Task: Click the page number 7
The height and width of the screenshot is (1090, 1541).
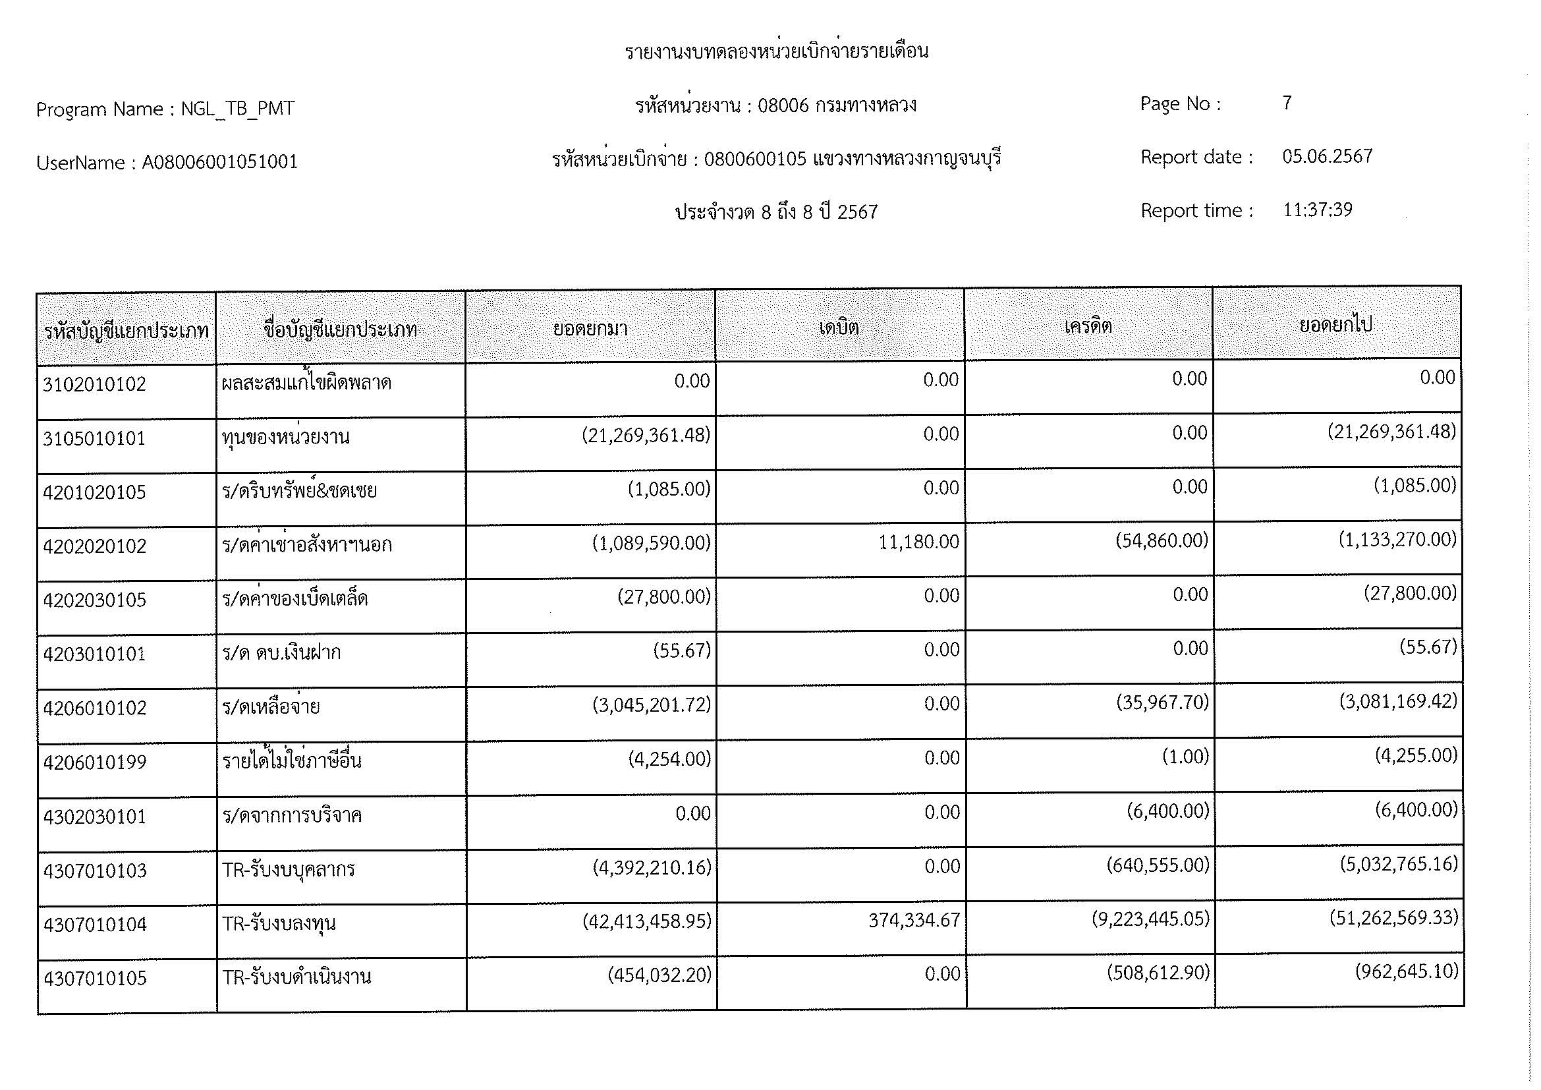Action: click(1287, 103)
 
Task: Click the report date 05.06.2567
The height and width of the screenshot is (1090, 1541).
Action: click(1327, 156)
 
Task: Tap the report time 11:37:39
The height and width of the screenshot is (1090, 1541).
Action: click(1317, 210)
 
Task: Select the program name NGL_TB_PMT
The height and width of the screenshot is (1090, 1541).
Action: click(238, 109)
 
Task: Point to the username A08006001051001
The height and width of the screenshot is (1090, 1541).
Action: click(219, 162)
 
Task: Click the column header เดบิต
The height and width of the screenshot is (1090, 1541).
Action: click(839, 328)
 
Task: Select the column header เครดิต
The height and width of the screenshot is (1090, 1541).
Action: click(1088, 326)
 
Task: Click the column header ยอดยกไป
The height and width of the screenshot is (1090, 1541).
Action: click(1335, 325)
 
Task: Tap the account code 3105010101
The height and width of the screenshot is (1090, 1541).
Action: click(94, 438)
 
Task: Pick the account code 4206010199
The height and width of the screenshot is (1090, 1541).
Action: click(95, 762)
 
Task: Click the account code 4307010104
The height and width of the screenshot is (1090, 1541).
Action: click(95, 925)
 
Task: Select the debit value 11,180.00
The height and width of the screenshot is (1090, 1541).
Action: click(918, 542)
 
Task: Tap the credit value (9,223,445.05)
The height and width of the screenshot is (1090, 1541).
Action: click(1150, 918)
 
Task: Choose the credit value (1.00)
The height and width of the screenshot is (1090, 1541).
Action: click(1185, 757)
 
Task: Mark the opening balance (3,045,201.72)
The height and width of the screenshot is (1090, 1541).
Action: click(651, 704)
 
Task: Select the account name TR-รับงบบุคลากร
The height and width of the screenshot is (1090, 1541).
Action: click(289, 870)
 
